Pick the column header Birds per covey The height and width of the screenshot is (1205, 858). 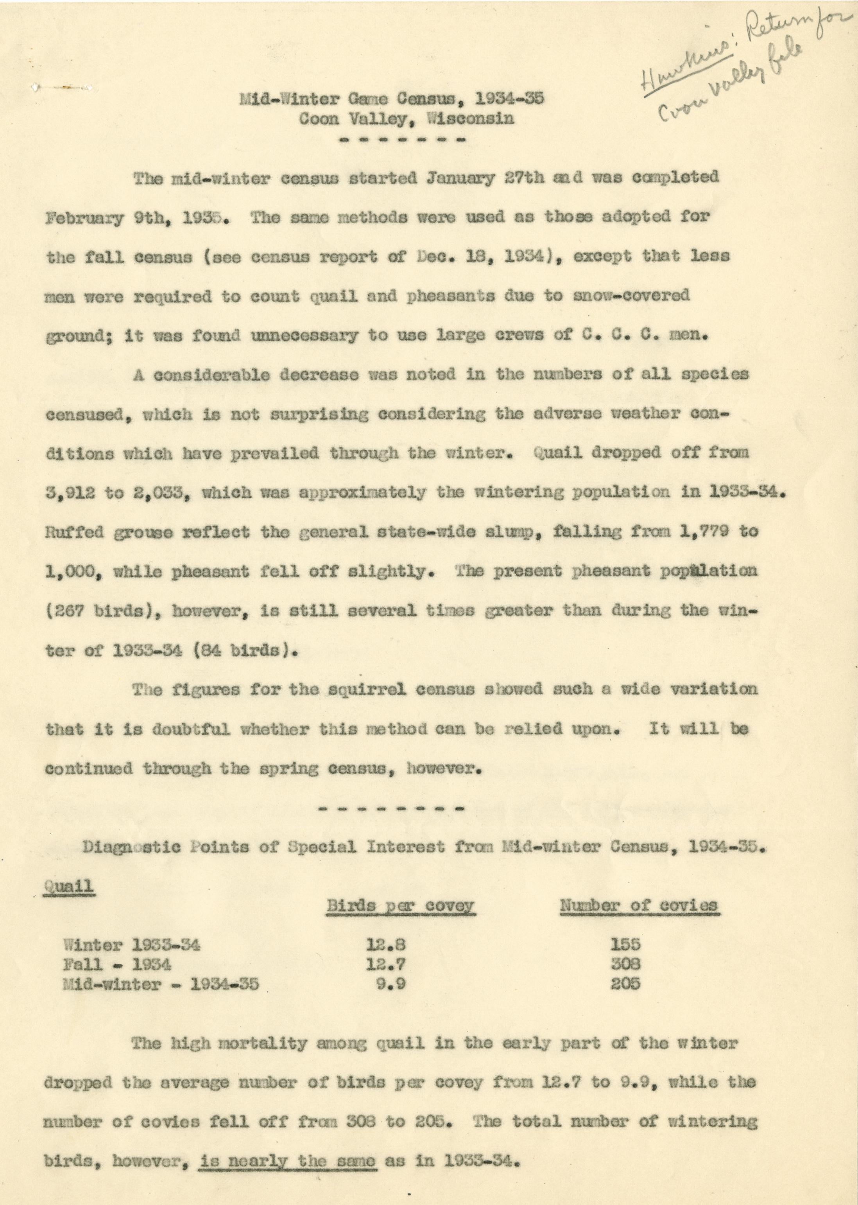point(400,905)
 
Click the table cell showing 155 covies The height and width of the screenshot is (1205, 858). point(625,945)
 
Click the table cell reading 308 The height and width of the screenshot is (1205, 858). point(625,964)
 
